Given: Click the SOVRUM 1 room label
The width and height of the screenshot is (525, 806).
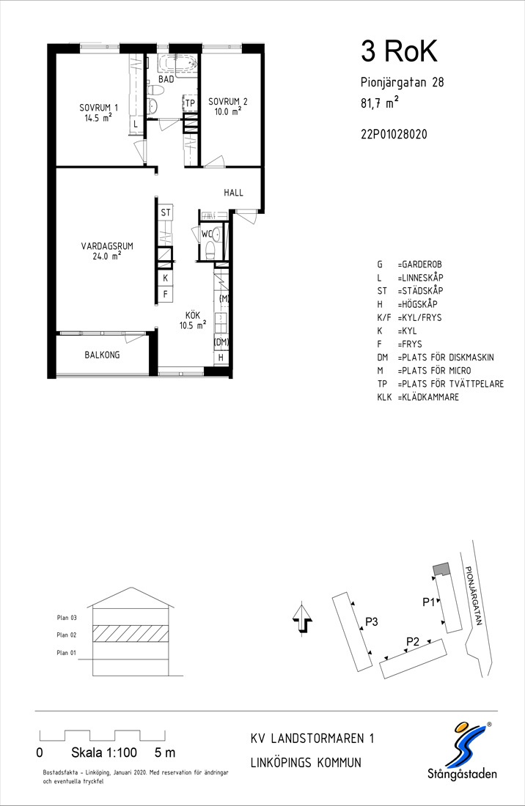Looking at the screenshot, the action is tap(98, 108).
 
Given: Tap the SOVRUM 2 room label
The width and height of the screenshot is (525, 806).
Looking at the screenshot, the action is tap(228, 101).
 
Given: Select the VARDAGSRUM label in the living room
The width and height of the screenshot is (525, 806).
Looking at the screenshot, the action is tap(107, 245).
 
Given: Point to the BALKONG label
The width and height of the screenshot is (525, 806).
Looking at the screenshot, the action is tap(103, 355).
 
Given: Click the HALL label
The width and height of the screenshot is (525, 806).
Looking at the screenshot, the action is tap(233, 193).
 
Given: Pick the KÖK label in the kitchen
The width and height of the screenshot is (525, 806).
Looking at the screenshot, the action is tap(193, 315).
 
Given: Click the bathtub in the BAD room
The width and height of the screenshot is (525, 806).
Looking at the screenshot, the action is tap(177, 64).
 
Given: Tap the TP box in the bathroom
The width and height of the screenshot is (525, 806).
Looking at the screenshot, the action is tap(190, 103).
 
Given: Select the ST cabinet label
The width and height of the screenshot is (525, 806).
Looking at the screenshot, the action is tap(166, 212).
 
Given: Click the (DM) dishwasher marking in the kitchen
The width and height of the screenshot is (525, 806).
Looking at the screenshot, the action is tap(221, 342).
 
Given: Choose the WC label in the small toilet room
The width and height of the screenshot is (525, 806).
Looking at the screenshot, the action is tap(207, 234).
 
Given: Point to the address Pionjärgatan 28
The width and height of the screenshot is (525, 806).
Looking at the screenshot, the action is tap(402, 82).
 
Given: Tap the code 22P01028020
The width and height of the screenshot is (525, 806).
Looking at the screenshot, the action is tap(394, 135).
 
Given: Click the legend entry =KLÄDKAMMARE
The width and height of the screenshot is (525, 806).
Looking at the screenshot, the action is tap(427, 397).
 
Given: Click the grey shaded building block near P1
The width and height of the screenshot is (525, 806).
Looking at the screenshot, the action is tap(441, 569).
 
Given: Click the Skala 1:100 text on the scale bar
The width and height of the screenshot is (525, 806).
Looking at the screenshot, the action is tap(104, 753).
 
